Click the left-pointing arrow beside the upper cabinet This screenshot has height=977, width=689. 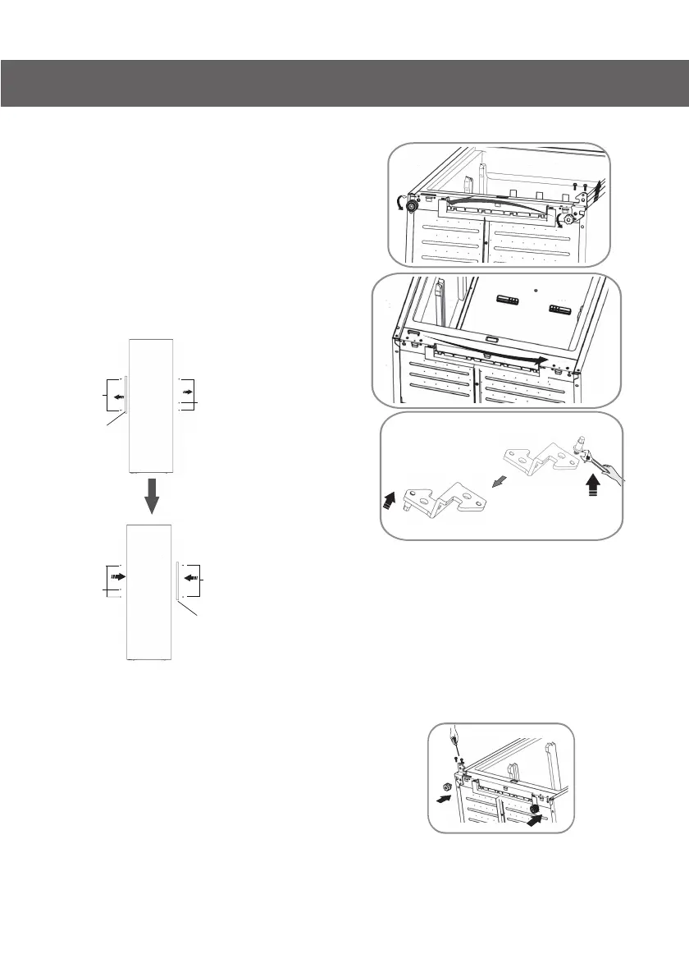tap(119, 397)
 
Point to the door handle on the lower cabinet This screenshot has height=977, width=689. tap(176, 580)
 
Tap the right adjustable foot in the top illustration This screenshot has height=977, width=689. tap(566, 220)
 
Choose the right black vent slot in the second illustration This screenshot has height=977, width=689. tap(560, 310)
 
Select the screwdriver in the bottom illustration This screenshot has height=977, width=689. tap(452, 742)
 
